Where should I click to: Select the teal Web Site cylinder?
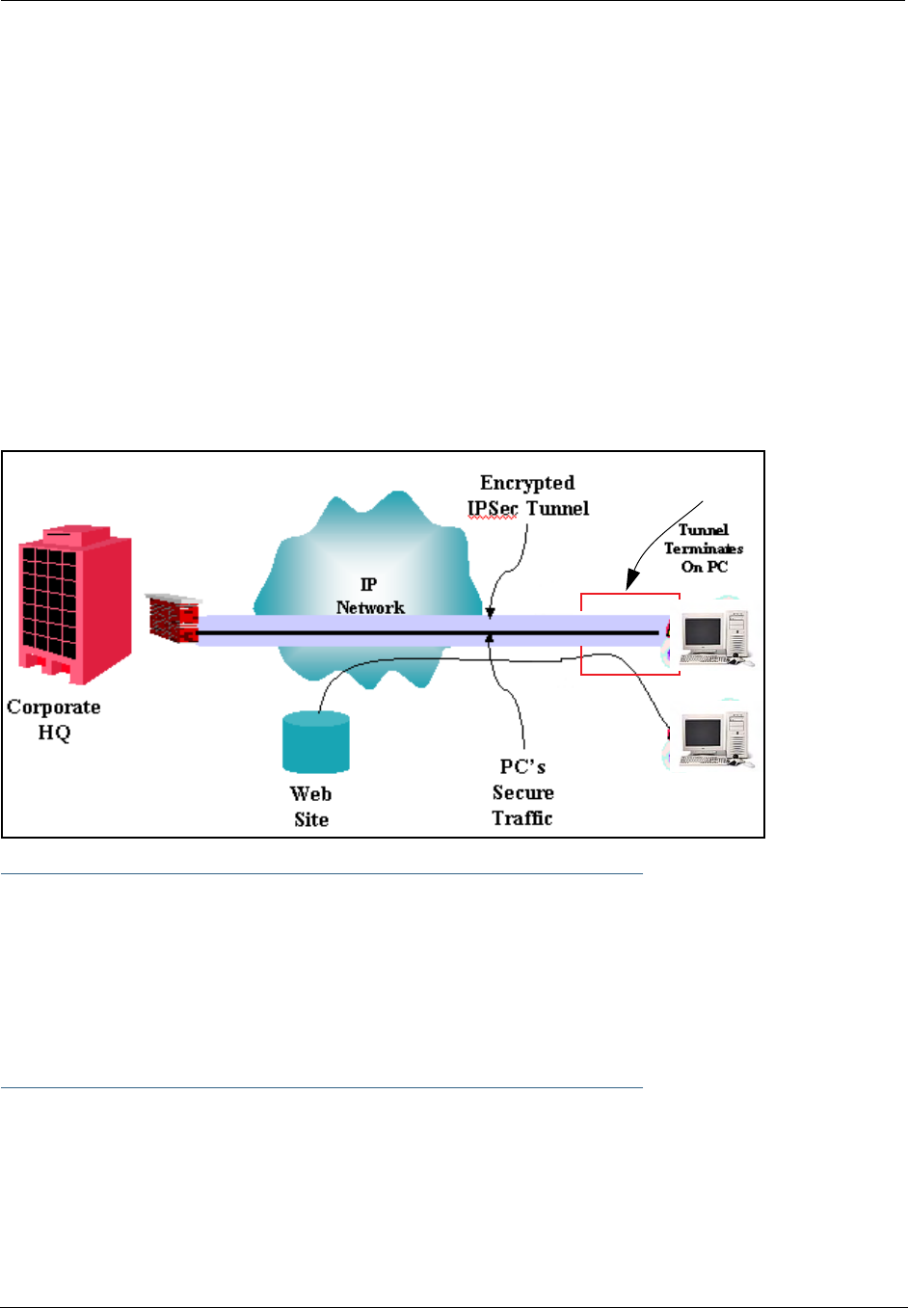(315, 742)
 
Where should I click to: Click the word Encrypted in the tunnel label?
(527, 483)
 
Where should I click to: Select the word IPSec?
(493, 508)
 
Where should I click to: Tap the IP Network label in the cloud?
(370, 597)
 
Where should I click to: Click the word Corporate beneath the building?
(54, 707)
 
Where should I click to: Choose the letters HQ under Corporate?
(54, 733)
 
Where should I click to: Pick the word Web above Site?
(310, 794)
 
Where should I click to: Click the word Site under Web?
(311, 819)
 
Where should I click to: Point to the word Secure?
(522, 792)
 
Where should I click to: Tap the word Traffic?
(522, 818)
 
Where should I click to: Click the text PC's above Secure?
(522, 767)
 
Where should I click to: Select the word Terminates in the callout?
(704, 548)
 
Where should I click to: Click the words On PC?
(705, 567)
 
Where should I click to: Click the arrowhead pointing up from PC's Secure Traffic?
(490, 638)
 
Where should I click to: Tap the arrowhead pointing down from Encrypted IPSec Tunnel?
(490, 612)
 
